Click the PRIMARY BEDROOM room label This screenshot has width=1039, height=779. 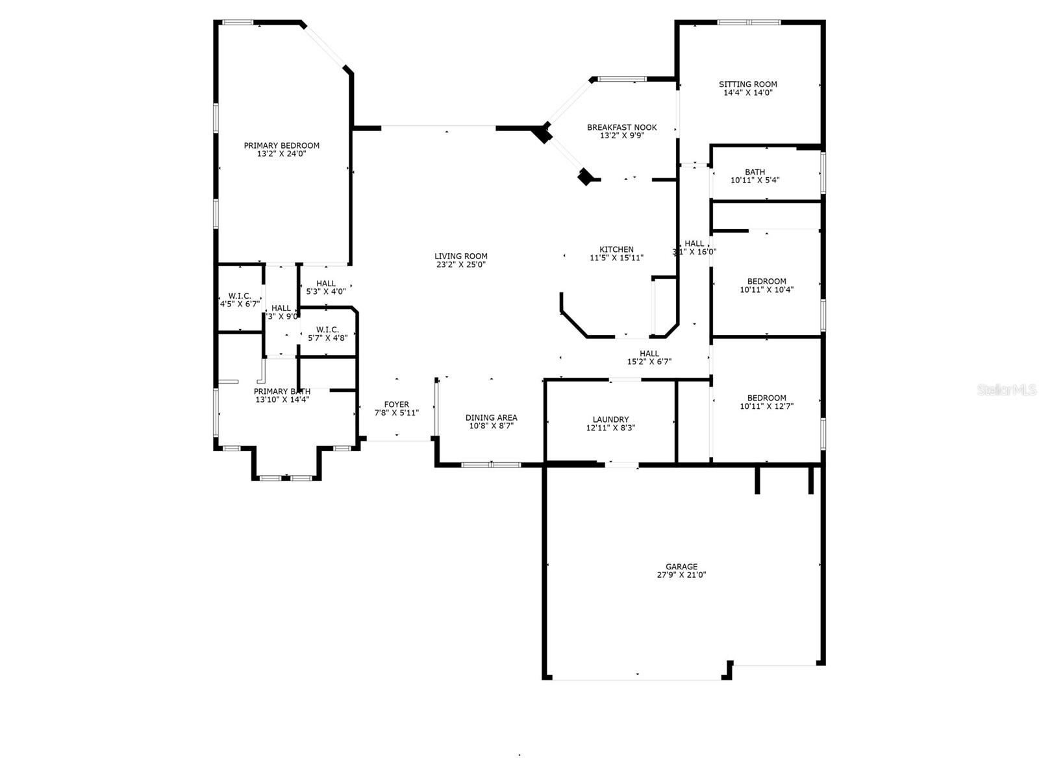coord(281,145)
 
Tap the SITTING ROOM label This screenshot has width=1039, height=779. coord(747,84)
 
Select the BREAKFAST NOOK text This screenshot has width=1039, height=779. coord(621,127)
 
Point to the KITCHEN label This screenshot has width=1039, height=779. coord(616,249)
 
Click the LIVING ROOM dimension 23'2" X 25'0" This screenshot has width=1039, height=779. coord(460,265)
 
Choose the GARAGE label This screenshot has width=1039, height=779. coord(681,567)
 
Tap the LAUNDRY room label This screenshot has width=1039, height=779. coord(610,419)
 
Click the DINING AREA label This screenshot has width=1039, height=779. coord(491,417)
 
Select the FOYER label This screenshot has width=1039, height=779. coord(396,404)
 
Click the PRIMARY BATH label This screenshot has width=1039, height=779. coord(282,391)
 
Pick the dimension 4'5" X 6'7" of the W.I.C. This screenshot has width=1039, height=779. coord(240,304)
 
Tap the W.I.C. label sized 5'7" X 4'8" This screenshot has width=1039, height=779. coord(327,330)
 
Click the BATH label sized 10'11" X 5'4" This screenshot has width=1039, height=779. coord(755,172)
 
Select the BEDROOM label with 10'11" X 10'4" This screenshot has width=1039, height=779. coord(766,282)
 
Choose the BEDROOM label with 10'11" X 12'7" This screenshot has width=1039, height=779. coord(766,398)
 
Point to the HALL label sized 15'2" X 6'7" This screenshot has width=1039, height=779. coord(649,354)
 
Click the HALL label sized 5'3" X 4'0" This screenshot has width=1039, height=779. coord(326,284)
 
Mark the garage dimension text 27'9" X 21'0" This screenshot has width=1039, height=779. coord(681,575)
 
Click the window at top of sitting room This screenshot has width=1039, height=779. coord(749,22)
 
